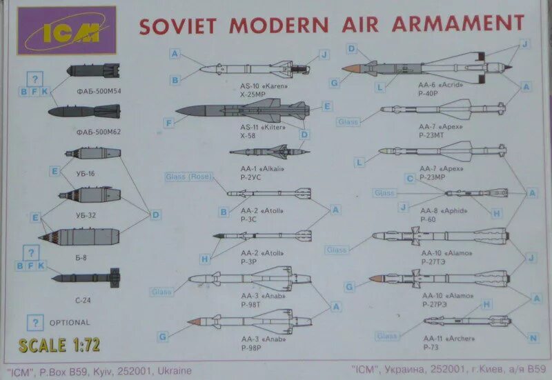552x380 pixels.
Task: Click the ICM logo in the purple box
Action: click(67, 30)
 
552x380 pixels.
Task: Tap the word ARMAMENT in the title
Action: click(459, 23)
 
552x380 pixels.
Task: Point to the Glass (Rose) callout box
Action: click(188, 177)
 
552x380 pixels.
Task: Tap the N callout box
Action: click(533, 337)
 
